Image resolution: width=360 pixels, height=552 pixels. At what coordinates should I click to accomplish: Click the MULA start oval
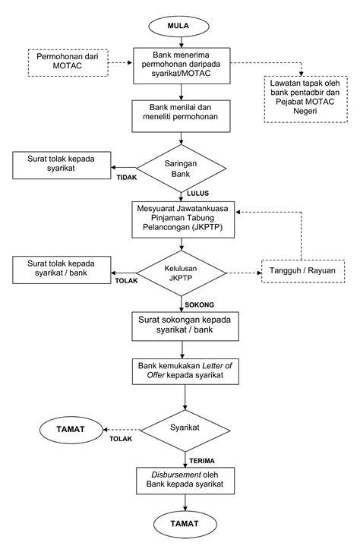pos(178,26)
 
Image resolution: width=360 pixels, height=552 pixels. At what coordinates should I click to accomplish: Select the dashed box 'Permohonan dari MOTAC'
pos(68,63)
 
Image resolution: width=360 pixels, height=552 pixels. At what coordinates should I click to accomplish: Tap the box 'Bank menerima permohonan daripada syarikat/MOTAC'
pos(182,66)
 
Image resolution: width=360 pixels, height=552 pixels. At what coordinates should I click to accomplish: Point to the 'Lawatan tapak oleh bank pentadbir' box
pos(306,99)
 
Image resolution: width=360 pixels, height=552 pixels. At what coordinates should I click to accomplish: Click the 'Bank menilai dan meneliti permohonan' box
pos(181,116)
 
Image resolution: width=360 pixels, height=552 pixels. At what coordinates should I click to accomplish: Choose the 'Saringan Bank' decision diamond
pos(181,169)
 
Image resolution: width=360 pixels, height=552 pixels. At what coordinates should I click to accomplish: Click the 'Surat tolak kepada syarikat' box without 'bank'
pos(62,166)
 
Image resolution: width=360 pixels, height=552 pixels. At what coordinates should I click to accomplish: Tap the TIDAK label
pos(127,178)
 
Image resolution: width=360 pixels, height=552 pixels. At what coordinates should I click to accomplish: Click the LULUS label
pos(197,194)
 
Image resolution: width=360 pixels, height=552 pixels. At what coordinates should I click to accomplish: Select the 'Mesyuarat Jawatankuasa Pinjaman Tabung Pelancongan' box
pos(183,219)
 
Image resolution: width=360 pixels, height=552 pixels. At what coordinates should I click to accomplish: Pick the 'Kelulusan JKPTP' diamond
pos(181,273)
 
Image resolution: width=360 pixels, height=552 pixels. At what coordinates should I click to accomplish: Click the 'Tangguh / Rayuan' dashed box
pos(303,271)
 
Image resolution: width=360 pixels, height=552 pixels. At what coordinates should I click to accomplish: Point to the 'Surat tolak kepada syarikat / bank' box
pos(62,270)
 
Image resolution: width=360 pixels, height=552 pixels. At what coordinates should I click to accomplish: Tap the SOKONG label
pos(200,305)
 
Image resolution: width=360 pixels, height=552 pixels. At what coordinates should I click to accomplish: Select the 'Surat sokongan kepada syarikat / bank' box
pos(185,326)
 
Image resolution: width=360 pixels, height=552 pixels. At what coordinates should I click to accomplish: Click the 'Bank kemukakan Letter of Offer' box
pos(185,371)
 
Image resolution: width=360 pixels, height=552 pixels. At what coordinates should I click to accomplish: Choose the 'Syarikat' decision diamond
pos(185,431)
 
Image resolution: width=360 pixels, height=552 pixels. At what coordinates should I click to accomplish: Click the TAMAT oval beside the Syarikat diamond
pos(71,430)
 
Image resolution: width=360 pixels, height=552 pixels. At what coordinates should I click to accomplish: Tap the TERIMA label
pos(202,461)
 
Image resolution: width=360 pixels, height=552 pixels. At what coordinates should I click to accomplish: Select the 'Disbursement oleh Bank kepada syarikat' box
pos(185,481)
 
